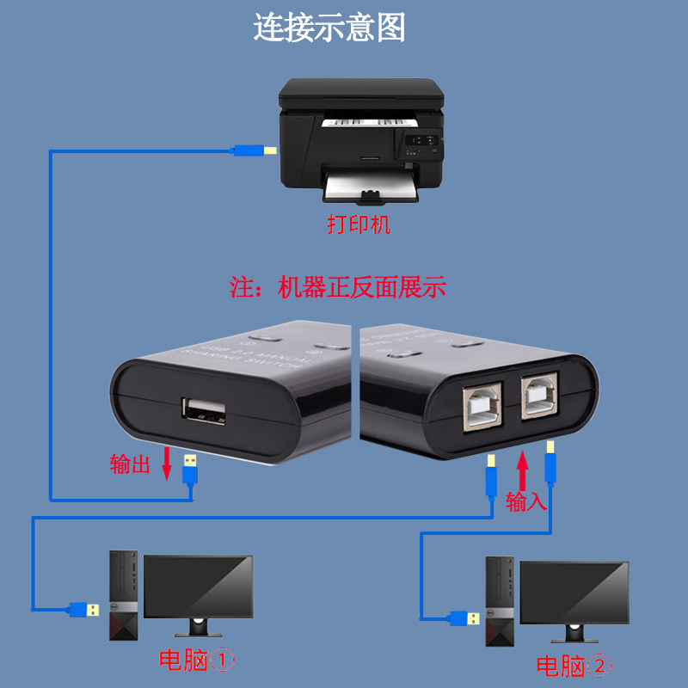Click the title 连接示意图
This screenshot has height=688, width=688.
coord(329,28)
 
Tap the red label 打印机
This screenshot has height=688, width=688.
coord(359,225)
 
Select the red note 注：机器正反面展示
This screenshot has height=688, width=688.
coord(338,287)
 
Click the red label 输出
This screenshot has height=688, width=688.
coord(130,465)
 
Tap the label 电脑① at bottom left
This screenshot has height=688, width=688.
coord(196,661)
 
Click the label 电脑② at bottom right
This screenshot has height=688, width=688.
coord(574,665)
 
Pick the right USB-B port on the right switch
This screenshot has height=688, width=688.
coord(539,397)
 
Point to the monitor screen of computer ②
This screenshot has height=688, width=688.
coord(574,593)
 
